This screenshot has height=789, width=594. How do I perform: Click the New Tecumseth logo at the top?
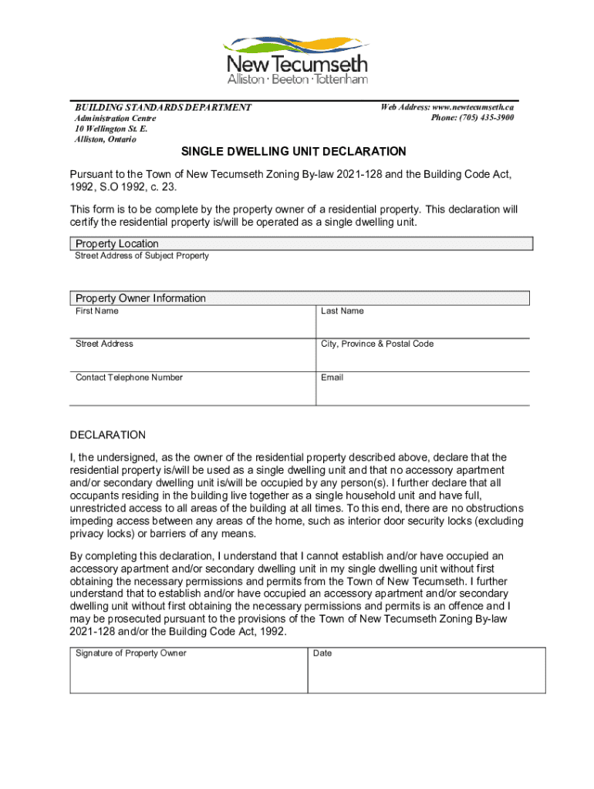pyautogui.click(x=296, y=59)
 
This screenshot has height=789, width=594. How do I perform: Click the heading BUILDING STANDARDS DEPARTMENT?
pyautogui.click(x=163, y=107)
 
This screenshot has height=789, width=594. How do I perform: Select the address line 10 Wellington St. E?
pyautogui.click(x=110, y=129)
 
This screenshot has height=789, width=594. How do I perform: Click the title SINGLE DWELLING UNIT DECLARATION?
pyautogui.click(x=293, y=152)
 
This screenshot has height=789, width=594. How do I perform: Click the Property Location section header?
pyautogui.click(x=117, y=243)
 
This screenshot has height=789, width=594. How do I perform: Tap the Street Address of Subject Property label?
pyautogui.click(x=141, y=256)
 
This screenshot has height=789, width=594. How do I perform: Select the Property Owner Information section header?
pyautogui.click(x=140, y=298)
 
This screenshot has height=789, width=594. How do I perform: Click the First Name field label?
pyautogui.click(x=97, y=311)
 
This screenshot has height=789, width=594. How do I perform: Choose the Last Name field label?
pyautogui.click(x=342, y=311)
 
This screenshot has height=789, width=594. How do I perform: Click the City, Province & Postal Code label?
pyautogui.click(x=376, y=344)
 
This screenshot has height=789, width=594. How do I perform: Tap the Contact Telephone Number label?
pyautogui.click(x=129, y=378)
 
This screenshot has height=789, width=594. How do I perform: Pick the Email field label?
pyautogui.click(x=332, y=378)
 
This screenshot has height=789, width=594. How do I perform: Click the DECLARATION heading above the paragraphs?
pyautogui.click(x=107, y=435)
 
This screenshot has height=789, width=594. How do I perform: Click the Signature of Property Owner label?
pyautogui.click(x=130, y=653)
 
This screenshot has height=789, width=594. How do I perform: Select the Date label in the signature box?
pyautogui.click(x=322, y=653)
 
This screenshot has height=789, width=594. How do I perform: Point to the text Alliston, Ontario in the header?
pyautogui.click(x=105, y=139)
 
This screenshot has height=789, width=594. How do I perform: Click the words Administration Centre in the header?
pyautogui.click(x=115, y=119)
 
